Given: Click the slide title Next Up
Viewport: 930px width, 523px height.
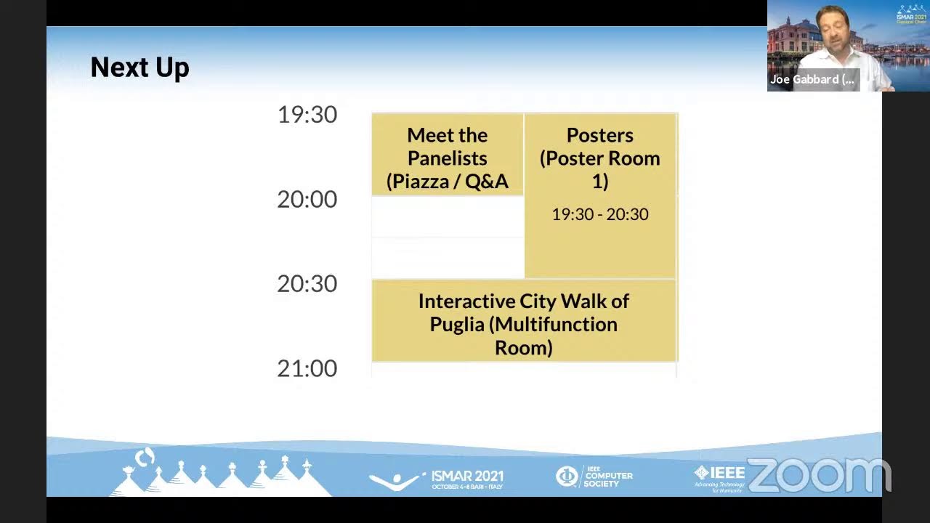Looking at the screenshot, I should [x=139, y=68].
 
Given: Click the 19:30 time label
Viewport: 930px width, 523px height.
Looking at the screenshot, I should [x=307, y=115].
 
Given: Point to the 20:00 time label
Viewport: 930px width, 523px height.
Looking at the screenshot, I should [x=307, y=199].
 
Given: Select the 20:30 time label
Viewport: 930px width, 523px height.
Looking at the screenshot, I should [x=307, y=283].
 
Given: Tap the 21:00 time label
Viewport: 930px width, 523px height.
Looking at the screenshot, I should [x=307, y=368].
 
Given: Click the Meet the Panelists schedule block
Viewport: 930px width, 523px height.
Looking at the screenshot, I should [x=447, y=158].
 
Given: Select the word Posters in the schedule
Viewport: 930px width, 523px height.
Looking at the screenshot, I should [x=599, y=135].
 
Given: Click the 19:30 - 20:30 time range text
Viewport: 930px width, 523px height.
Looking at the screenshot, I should [x=599, y=214].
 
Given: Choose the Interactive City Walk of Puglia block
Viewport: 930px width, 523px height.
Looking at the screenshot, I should [x=523, y=323].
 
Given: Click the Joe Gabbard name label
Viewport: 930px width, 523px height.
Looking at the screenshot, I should [x=812, y=79].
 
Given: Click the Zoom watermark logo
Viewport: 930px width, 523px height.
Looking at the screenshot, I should [x=818, y=476].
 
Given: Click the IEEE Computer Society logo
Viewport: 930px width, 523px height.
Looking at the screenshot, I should [x=594, y=477].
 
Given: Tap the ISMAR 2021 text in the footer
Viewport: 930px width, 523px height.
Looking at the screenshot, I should [x=466, y=477].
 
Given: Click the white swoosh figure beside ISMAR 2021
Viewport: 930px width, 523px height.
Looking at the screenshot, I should [x=396, y=480].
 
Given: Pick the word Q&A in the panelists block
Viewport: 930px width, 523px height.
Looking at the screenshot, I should [x=486, y=181].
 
